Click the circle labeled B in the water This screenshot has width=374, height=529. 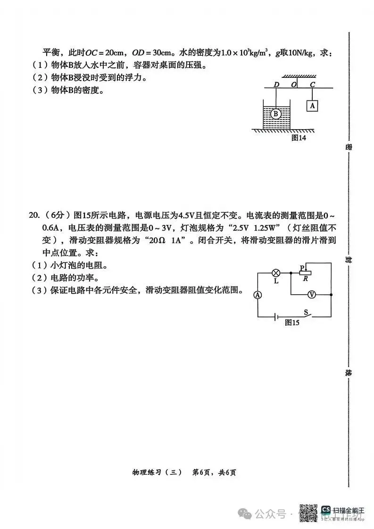(276, 114)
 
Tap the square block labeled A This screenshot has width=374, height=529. (312, 106)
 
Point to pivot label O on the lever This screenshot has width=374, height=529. (294, 84)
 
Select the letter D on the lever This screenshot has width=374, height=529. (276, 84)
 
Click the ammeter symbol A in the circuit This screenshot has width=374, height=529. (258, 294)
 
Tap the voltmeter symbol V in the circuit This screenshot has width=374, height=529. (311, 294)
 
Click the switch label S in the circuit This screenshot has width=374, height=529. (306, 312)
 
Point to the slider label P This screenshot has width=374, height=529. (302, 268)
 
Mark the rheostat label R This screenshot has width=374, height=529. (306, 279)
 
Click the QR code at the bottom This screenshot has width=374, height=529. (308, 512)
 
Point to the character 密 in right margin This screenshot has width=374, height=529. (349, 147)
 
